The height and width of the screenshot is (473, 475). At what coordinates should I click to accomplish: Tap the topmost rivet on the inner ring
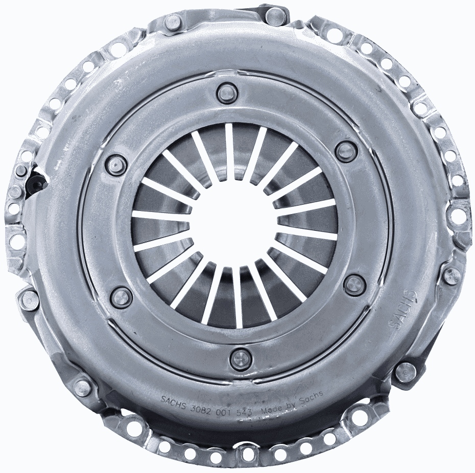(x=227, y=93)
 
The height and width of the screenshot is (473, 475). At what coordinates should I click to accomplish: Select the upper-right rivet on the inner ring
(x=346, y=151)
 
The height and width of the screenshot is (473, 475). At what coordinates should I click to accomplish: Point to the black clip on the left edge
(x=36, y=181)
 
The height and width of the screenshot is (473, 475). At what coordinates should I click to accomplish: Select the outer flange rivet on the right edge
(x=452, y=276)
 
